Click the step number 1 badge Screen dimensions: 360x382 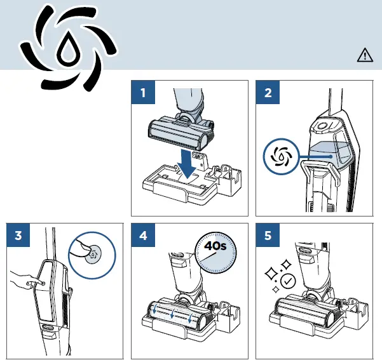(x=144, y=93)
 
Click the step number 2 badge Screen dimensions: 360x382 (x=268, y=93)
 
